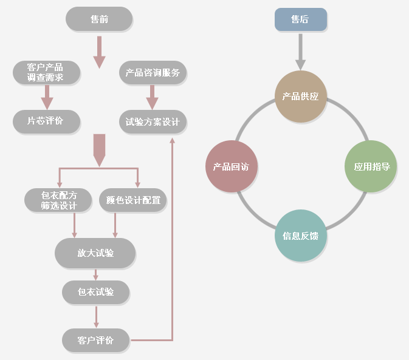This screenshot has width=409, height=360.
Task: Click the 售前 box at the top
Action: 99,19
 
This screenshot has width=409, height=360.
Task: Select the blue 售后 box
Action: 300,19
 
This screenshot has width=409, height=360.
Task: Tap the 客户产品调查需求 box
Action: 46,73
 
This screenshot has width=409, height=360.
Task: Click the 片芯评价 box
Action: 46,121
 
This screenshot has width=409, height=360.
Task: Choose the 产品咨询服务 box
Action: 153,73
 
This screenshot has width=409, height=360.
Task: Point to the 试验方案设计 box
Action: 153,121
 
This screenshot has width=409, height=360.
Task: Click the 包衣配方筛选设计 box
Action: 58,200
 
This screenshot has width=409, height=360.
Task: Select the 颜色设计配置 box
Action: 132,200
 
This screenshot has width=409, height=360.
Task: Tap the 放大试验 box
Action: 95,253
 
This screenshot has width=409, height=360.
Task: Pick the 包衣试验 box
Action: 95,292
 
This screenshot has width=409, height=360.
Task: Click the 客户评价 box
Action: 95,340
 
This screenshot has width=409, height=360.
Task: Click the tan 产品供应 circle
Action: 300,97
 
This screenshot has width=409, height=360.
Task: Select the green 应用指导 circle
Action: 371,166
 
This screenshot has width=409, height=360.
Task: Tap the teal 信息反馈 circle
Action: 300,236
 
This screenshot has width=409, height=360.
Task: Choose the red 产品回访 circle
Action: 232,166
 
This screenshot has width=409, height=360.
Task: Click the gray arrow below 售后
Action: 300,52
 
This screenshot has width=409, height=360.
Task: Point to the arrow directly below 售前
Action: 99,52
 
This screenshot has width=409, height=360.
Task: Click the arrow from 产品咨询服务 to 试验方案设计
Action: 152,98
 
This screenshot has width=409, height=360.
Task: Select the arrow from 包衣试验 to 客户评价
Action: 96,317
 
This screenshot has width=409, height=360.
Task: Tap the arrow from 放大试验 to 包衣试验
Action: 96,275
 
